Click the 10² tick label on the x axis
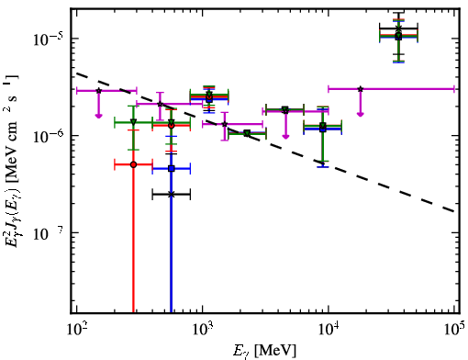76,329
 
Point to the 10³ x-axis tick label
203,329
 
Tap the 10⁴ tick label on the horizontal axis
329,329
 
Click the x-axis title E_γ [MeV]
265,351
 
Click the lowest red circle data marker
133,164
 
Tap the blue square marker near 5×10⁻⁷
172,168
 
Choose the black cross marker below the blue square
172,195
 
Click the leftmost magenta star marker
98,91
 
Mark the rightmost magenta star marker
361,89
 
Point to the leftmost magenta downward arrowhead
98,116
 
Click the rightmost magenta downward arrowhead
361,114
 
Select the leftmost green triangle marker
133,122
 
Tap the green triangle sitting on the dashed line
247,133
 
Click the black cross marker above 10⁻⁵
398,28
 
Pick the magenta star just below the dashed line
225,124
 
